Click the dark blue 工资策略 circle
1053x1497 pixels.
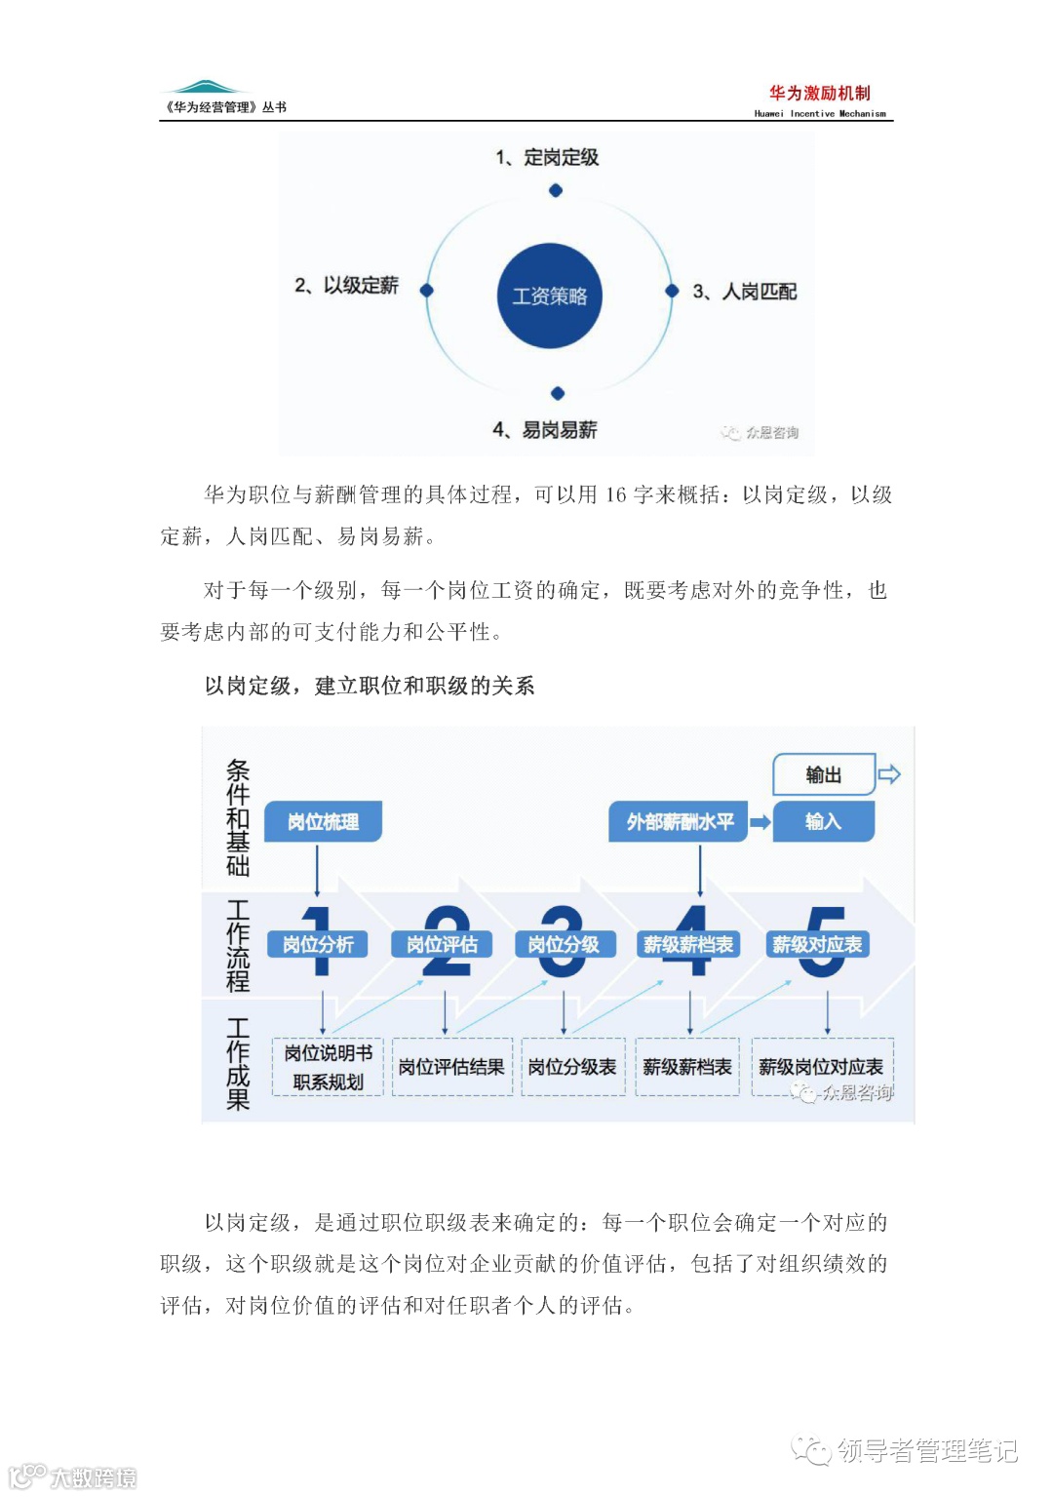tap(550, 295)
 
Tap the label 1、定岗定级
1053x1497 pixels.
tap(547, 157)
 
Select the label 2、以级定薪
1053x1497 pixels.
tap(346, 285)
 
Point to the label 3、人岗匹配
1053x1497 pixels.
tap(745, 291)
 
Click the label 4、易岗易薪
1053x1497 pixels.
tap(545, 429)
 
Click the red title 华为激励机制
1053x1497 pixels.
tap(819, 93)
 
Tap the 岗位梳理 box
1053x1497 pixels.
tap(323, 821)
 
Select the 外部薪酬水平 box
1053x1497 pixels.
tap(679, 821)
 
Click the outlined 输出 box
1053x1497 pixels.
tap(824, 774)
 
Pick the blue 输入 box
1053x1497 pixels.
tap(824, 821)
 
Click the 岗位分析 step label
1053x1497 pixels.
tap(318, 944)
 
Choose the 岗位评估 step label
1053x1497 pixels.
tap(442, 944)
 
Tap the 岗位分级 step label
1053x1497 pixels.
tap(564, 944)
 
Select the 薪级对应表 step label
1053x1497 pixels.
tap(817, 944)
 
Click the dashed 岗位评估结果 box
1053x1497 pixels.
tap(451, 1067)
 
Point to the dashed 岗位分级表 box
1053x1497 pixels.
tap(572, 1067)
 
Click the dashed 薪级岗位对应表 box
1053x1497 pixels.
tap(821, 1067)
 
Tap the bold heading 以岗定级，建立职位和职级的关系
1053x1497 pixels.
tap(370, 686)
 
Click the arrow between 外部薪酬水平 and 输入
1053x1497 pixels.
tap(760, 822)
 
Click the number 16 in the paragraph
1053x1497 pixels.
tap(615, 494)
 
